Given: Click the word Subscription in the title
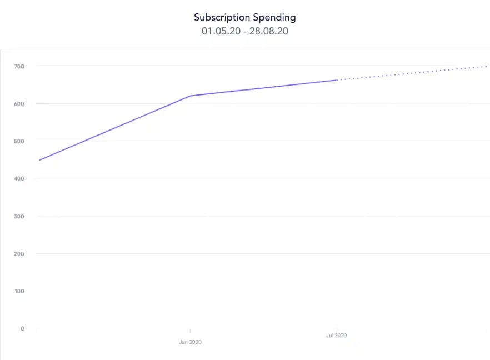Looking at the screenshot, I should coord(221,17).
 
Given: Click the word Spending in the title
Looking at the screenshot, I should coord(274,17).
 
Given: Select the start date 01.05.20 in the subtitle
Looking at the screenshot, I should coord(220,31).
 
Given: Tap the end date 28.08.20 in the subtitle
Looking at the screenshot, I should coord(269,31).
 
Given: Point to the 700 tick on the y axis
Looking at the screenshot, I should coord(19,66).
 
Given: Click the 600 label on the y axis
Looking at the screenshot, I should coord(19,104).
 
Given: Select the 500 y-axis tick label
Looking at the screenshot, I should coord(19,141).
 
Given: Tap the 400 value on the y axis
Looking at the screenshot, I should coord(19,179).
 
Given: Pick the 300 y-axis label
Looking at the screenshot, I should coord(19,216).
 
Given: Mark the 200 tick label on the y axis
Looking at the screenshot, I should coord(19,254).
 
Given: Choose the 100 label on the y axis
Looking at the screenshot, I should coord(19,291).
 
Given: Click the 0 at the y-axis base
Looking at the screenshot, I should coord(22,328).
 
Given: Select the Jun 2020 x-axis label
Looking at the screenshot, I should coord(190,342).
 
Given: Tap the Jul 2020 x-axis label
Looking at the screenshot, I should coord(336,336).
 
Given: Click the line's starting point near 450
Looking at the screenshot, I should coord(39,160).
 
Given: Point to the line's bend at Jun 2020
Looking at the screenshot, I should coord(191,96).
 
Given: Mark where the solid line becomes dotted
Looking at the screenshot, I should coord(337,80).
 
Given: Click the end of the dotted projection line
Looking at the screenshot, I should coord(487,66).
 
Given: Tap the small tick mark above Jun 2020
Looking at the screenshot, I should coord(191,331).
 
